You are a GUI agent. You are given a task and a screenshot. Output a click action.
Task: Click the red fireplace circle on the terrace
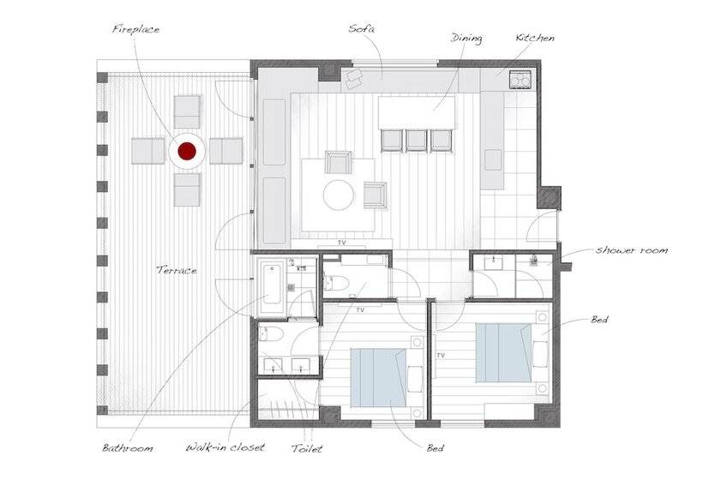tap(187, 152)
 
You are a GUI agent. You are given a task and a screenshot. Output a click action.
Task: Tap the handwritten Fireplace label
tap(135, 30)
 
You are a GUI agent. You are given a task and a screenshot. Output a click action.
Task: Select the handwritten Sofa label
tap(362, 28)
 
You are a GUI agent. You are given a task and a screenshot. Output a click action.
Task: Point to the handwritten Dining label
tap(466, 39)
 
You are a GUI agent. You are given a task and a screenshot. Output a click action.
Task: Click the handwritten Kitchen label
tap(535, 38)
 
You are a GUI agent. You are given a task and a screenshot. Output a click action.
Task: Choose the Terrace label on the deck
tap(177, 270)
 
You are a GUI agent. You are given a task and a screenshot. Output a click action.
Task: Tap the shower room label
tap(632, 250)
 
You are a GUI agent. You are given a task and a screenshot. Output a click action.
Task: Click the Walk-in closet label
tap(225, 447)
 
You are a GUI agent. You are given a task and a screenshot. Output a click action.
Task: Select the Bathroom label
tap(128, 447)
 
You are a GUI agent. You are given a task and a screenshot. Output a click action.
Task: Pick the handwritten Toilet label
tap(307, 448)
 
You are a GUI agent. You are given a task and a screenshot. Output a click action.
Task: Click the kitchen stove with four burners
tap(520, 80)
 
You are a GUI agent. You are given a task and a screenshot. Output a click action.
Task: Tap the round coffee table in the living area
tap(339, 195)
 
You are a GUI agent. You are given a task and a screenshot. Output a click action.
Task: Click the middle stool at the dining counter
tap(416, 140)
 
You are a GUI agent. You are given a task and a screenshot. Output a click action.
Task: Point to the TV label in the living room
tap(342, 243)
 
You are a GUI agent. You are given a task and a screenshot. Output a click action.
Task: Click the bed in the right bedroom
tap(503, 353)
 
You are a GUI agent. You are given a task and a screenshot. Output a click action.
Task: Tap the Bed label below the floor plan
tap(435, 447)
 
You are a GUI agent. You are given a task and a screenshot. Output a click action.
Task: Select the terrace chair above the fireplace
tap(187, 112)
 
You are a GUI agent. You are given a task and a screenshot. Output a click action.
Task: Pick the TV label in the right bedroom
tap(441, 356)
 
